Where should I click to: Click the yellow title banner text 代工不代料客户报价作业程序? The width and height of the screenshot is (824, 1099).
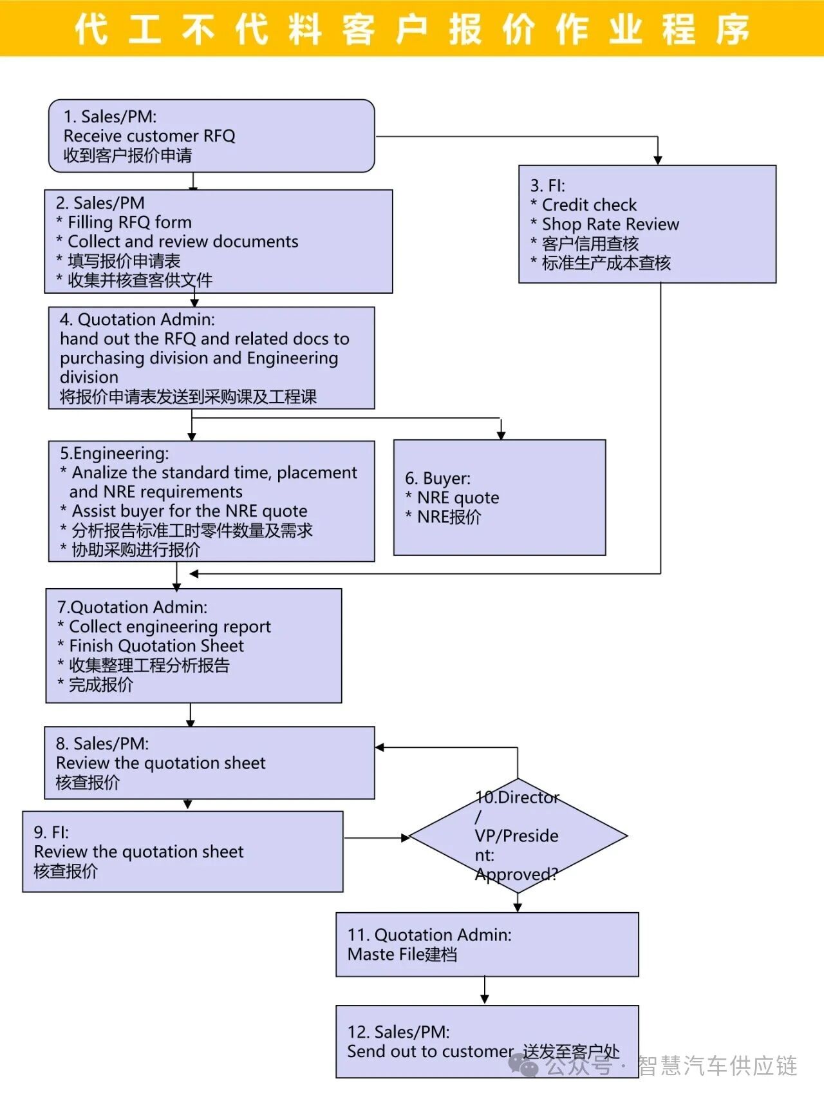pyautogui.click(x=412, y=29)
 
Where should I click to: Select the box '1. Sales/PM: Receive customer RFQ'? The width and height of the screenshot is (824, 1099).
pyautogui.click(x=211, y=136)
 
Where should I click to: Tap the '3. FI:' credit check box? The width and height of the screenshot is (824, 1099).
pyautogui.click(x=647, y=224)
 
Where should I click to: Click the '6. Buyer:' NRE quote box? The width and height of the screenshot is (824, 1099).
pyautogui.click(x=499, y=497)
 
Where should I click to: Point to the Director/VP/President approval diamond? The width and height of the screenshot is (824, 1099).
pyautogui.click(x=518, y=836)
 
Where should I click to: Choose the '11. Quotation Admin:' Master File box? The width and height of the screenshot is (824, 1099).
pyautogui.click(x=487, y=944)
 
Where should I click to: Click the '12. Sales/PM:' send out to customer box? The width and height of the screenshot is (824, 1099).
pyautogui.click(x=487, y=1041)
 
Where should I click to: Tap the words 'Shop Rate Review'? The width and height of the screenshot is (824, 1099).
pyautogui.click(x=610, y=224)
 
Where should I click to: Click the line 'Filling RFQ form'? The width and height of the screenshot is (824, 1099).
pyautogui.click(x=129, y=222)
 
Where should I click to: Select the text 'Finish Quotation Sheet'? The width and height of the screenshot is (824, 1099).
pyautogui.click(x=156, y=645)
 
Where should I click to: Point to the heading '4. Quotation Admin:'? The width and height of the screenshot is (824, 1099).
pyautogui.click(x=137, y=320)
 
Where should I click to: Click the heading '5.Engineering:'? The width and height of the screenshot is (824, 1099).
pyautogui.click(x=115, y=453)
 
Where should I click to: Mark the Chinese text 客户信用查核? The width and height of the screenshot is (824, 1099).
pyautogui.click(x=590, y=244)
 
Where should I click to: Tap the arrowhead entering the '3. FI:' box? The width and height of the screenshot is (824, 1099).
pyautogui.click(x=657, y=159)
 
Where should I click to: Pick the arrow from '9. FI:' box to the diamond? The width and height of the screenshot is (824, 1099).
pyautogui.click(x=377, y=838)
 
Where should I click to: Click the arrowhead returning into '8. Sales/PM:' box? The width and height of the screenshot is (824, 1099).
pyautogui.click(x=380, y=747)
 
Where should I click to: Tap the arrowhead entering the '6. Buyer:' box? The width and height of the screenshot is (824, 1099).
pyautogui.click(x=501, y=435)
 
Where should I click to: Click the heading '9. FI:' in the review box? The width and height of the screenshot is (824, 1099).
pyautogui.click(x=51, y=832)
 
